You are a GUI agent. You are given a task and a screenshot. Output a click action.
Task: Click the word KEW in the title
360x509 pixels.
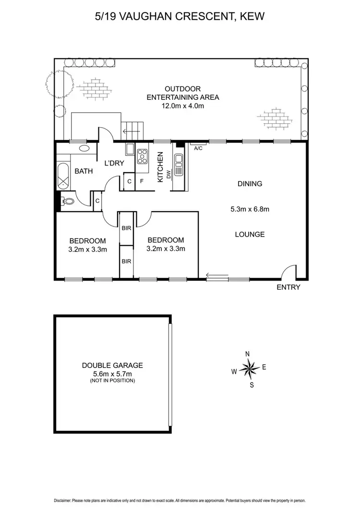click(x=252, y=17)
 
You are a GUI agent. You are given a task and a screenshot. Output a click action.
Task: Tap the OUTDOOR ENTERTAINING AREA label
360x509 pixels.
click(x=182, y=93)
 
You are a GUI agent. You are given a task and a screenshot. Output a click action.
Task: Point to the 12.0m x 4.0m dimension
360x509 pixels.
click(x=182, y=106)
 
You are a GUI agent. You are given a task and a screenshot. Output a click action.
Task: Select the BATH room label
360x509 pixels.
click(x=83, y=171)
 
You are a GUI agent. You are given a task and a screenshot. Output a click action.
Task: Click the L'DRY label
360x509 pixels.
click(x=115, y=163)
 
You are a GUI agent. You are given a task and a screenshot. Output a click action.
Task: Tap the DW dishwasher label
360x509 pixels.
click(x=169, y=176)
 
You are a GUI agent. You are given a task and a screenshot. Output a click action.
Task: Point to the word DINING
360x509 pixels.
click(x=250, y=183)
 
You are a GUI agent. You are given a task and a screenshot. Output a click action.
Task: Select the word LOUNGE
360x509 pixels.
click(x=250, y=234)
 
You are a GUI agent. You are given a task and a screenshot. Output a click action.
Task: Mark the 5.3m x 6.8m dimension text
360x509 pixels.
click(x=250, y=209)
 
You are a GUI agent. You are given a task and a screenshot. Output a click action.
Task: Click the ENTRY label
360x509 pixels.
click(x=288, y=287)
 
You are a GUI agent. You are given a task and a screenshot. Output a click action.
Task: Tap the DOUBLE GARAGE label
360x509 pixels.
click(x=112, y=365)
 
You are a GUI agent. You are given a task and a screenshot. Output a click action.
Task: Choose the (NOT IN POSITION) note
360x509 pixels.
click(x=112, y=380)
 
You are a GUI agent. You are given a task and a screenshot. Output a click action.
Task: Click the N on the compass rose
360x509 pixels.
click(x=248, y=354)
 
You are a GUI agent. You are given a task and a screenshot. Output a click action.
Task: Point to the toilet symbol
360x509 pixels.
click(x=68, y=202)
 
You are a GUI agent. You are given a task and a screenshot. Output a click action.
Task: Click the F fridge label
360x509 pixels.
click(x=142, y=182)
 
